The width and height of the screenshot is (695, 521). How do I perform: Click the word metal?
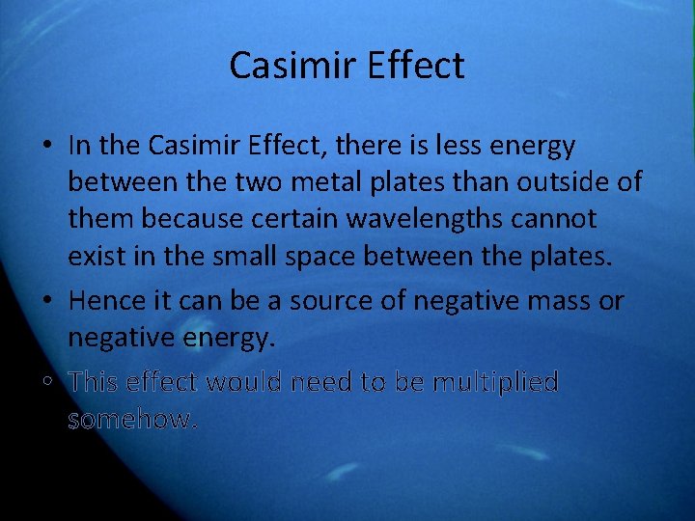pyautogui.click(x=322, y=182)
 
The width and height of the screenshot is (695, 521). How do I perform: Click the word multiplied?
pyautogui.click(x=495, y=382)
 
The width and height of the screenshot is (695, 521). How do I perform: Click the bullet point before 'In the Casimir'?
pyautogui.click(x=47, y=147)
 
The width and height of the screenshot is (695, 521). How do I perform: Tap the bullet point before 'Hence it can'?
pyautogui.click(x=47, y=302)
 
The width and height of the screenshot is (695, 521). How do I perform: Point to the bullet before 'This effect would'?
pyautogui.click(x=47, y=383)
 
